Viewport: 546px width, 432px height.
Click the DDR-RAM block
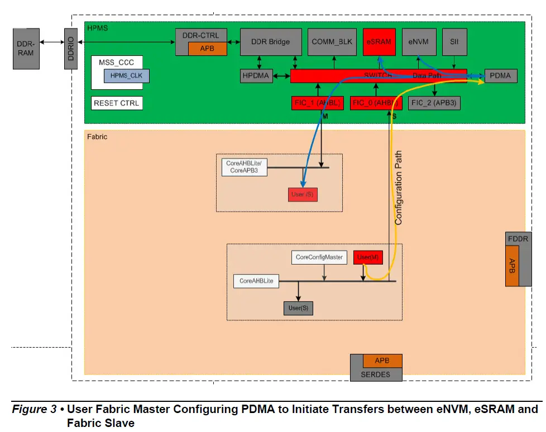25,49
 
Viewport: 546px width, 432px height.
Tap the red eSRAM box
379,41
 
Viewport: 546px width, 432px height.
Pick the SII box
454,41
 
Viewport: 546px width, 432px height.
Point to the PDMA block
500,76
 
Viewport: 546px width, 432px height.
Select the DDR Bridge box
270,41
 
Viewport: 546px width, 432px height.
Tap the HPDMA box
255,76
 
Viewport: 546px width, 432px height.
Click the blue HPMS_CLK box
126,75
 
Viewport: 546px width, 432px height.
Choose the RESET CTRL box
117,103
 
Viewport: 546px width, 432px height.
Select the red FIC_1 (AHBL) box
317,103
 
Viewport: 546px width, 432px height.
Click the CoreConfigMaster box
319,257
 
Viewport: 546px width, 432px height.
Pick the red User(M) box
368,257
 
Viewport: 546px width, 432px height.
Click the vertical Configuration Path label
398,188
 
